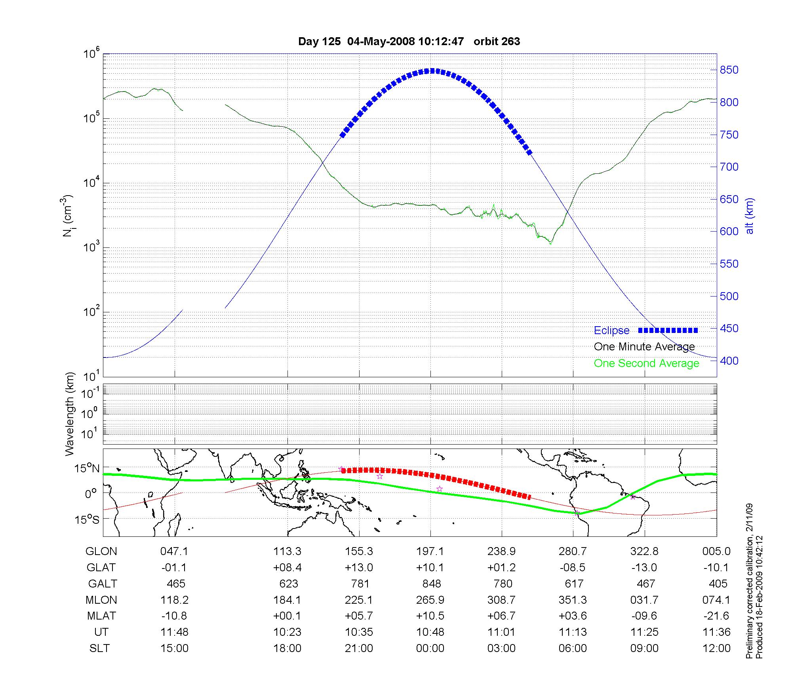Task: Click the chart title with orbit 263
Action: coord(409,42)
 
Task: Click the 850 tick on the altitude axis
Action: coord(729,70)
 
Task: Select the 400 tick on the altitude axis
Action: coord(729,361)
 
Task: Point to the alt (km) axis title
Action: coord(750,216)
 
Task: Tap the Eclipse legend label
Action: coord(611,331)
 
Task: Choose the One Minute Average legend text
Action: coord(644,347)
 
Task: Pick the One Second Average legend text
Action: coord(646,363)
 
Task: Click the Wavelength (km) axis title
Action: coord(70,414)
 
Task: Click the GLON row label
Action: coord(101,551)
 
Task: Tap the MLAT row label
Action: coord(101,616)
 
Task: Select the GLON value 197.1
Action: coord(430,551)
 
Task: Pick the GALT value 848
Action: coord(431,584)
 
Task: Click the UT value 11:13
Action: coord(573,632)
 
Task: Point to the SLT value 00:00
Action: coord(430,648)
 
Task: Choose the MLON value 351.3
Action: coord(573,600)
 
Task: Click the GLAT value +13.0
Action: coord(359,568)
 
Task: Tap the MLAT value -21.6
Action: coord(716,616)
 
